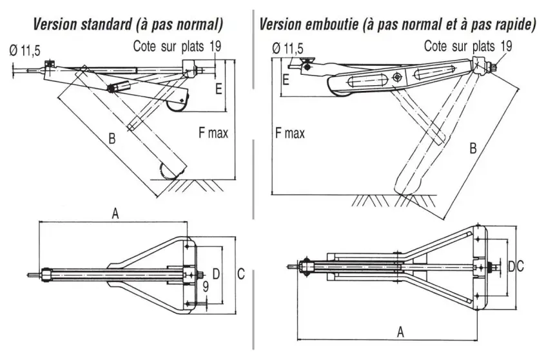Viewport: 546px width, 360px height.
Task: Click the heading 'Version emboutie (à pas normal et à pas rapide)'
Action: [398, 25]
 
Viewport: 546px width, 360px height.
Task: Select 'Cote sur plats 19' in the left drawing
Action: [178, 46]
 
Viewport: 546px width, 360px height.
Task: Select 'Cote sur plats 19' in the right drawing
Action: [469, 46]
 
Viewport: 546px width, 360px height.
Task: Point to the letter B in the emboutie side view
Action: [473, 149]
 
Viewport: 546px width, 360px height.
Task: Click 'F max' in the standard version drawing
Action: [213, 134]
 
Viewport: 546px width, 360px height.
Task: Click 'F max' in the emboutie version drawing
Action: [289, 134]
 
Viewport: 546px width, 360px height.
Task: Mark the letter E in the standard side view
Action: [219, 88]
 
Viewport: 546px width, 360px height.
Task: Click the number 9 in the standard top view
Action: [204, 285]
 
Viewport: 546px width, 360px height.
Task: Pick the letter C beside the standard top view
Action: [240, 275]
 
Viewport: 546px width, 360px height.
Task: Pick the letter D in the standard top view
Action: [217, 275]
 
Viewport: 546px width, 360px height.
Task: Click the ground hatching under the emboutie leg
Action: [387, 201]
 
